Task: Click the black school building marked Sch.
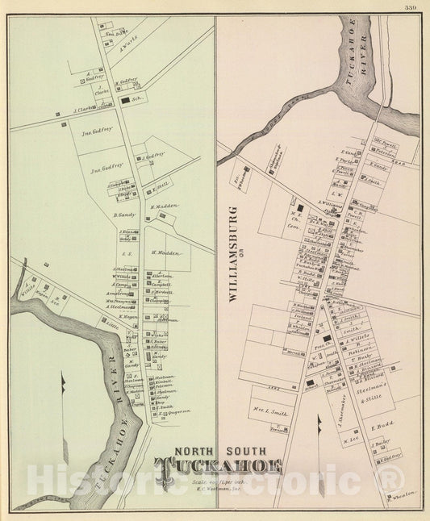pos(126,101)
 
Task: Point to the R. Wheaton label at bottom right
pos(401,492)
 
